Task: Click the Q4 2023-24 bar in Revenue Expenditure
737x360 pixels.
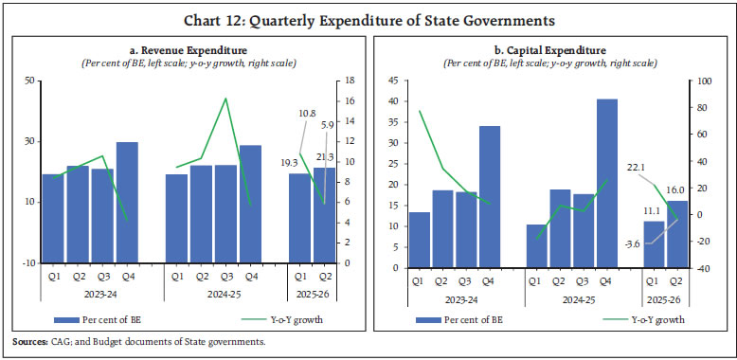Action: click(x=127, y=202)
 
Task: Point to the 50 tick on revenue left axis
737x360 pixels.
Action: click(x=28, y=81)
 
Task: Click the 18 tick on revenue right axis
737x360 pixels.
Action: click(x=349, y=81)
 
